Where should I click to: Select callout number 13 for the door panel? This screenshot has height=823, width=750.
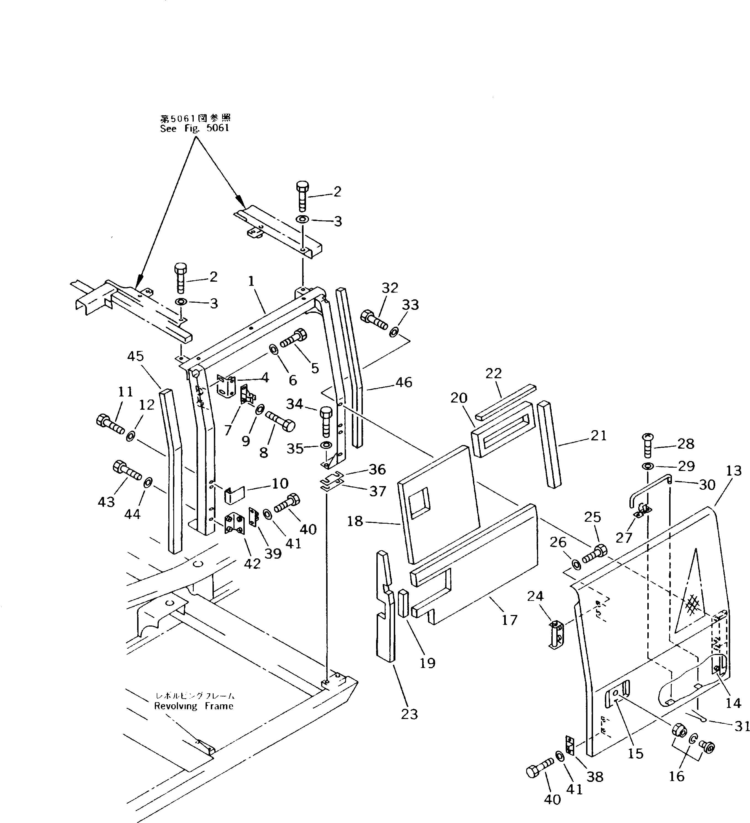(x=734, y=471)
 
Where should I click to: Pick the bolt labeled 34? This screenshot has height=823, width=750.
(x=326, y=421)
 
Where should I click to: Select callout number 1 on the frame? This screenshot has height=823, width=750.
(x=251, y=281)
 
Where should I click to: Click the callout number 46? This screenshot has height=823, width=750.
(x=404, y=382)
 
